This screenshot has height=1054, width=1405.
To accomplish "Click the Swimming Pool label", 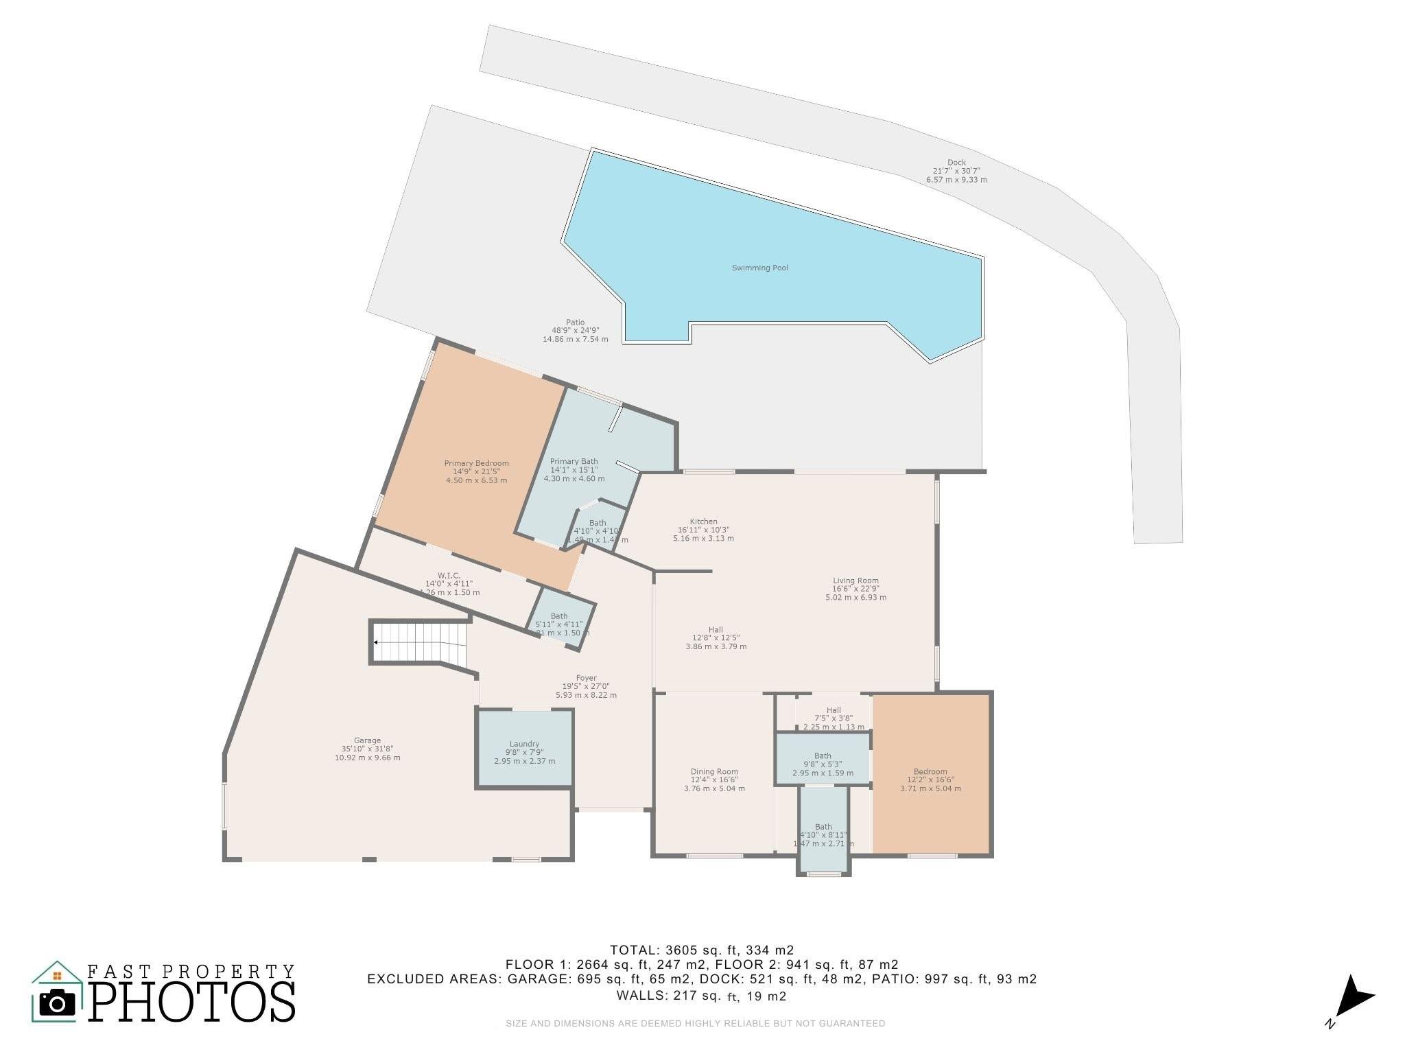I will [759, 268].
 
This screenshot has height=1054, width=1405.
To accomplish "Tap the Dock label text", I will [956, 163].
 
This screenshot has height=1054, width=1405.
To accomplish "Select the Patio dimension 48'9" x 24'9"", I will [575, 331].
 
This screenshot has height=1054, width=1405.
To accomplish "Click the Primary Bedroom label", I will [476, 463].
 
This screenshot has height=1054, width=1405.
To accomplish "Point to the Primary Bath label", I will [574, 461].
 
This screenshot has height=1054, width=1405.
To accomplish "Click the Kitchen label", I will [703, 522].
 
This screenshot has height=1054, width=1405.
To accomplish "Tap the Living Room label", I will [855, 581].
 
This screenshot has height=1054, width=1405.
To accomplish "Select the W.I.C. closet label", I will [449, 575].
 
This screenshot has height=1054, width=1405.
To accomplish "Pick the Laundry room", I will [524, 748].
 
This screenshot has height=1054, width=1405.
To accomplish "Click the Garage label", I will [367, 740].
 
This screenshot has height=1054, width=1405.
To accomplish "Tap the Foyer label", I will [586, 678].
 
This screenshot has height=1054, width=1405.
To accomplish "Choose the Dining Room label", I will [714, 771].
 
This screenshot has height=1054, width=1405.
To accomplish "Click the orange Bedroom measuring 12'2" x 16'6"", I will [930, 775].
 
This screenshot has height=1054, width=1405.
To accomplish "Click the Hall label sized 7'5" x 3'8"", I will [834, 710].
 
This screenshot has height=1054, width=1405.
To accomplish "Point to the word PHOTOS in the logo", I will [192, 1003].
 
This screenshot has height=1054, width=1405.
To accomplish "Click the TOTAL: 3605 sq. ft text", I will [702, 950].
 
